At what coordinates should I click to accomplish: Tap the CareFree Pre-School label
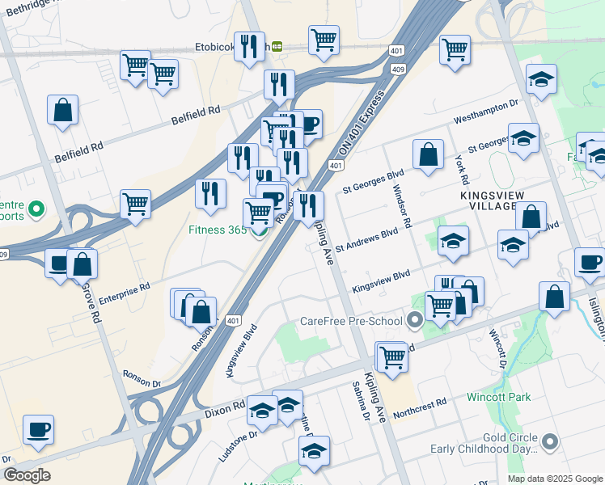pos(351,322)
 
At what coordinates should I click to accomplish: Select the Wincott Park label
pos(498,397)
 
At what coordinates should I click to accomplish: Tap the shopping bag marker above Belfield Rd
pos(62,110)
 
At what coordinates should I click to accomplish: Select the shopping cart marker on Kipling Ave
pos(392,356)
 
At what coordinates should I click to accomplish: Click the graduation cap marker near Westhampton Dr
pos(541,80)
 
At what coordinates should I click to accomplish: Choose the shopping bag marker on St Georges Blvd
pos(428,154)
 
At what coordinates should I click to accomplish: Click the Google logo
pos(26,474)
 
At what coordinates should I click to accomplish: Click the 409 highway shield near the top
pos(399,69)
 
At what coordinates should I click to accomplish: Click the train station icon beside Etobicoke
pos(277,46)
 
